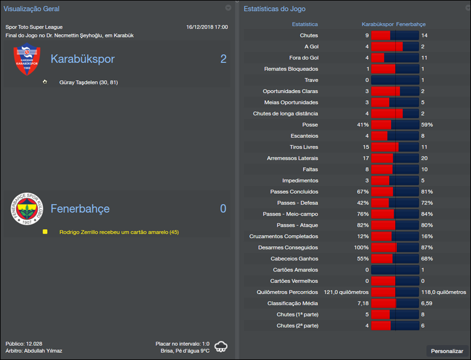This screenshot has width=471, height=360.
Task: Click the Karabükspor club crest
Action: [x=27, y=61]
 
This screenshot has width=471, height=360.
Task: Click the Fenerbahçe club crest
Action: [x=27, y=209]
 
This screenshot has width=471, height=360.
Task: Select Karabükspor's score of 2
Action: [x=223, y=59]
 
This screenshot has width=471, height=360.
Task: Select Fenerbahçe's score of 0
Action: [x=223, y=209]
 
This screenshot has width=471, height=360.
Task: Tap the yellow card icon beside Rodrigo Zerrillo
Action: [x=45, y=232]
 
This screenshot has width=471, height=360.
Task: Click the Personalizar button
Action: [x=447, y=351]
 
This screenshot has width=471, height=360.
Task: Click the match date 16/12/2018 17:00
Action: [x=207, y=27]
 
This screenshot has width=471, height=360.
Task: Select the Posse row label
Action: [x=310, y=125]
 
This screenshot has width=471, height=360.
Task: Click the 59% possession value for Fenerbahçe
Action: [x=427, y=125]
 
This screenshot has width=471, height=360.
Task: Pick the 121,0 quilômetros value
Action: [x=346, y=292]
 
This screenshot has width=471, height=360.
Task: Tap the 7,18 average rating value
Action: [x=362, y=303]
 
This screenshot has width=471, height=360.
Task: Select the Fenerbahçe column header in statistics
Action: [x=411, y=24]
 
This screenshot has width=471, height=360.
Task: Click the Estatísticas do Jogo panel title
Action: [x=274, y=9]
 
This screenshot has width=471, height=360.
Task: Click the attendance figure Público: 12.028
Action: [x=24, y=343]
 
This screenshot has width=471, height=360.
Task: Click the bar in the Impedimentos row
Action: [x=394, y=181]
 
